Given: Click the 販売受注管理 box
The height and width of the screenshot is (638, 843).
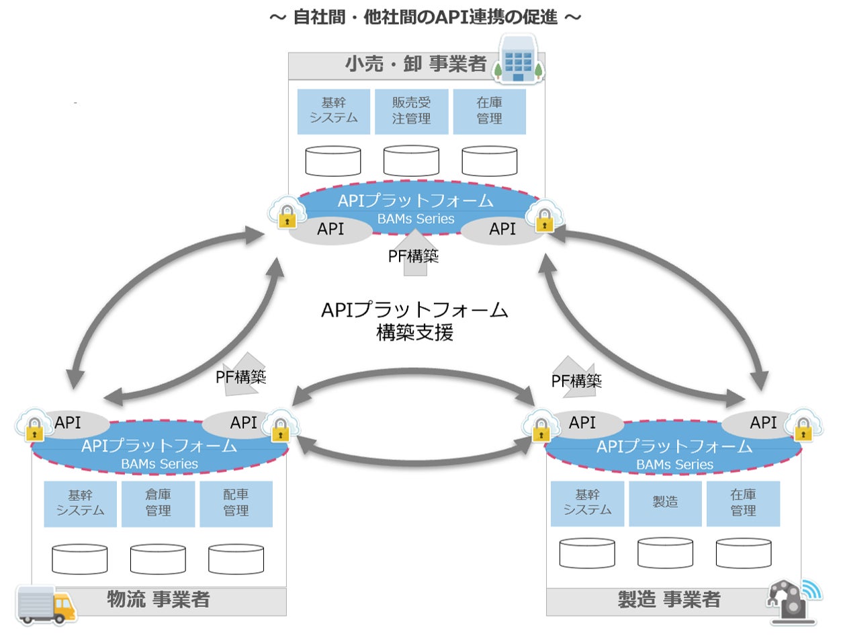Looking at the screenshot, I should [x=410, y=111].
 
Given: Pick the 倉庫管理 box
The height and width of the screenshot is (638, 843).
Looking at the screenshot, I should [x=158, y=504].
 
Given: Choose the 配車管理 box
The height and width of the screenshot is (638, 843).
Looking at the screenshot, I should [x=236, y=504].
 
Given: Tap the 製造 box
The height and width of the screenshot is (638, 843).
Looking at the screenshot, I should [x=665, y=502].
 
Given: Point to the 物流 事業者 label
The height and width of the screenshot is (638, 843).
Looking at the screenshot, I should [x=159, y=598].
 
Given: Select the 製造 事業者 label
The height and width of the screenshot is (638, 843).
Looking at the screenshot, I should [x=668, y=600].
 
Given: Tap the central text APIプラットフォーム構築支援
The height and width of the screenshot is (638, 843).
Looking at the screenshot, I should [x=415, y=321].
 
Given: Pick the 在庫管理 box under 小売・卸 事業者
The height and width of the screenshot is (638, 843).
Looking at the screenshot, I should [x=489, y=111].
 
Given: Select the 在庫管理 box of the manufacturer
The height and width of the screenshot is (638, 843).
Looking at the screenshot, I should [x=743, y=503].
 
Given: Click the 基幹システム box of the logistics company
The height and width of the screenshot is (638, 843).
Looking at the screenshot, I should [x=80, y=504].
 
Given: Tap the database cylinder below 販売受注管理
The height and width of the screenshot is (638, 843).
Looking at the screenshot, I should [x=411, y=161].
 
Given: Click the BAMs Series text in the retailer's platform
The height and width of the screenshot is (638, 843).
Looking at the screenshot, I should [x=415, y=218].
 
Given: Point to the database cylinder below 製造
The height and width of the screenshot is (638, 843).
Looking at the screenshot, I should [x=665, y=553].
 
